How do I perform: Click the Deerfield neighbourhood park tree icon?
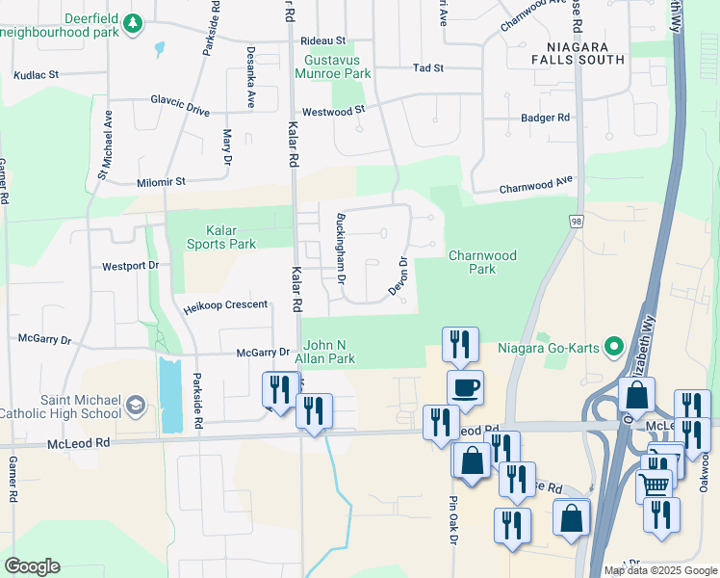135,22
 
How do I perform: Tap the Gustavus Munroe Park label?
331,66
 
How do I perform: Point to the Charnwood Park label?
482,262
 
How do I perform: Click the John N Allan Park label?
330,352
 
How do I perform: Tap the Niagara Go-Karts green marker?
610,348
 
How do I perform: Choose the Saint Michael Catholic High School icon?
135,405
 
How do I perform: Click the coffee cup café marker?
465,387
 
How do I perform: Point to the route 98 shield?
576,222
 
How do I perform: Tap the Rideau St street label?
322,41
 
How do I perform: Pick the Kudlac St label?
37,74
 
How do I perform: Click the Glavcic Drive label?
180,104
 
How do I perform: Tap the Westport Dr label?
130,265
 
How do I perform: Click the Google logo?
33,566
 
